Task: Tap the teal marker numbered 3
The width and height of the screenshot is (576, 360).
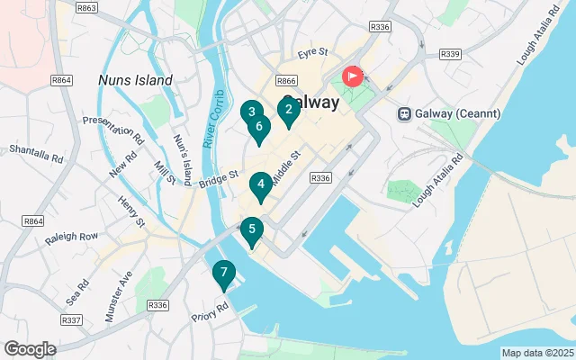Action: pyautogui.click(x=252, y=112)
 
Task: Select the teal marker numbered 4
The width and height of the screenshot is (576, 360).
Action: pyautogui.click(x=260, y=185)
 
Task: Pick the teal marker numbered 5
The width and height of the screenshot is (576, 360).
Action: pyautogui.click(x=252, y=229)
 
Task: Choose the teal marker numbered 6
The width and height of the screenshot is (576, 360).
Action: pyautogui.click(x=259, y=127)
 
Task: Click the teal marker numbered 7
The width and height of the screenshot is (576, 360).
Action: pyautogui.click(x=223, y=272)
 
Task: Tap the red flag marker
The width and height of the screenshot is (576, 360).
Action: pyautogui.click(x=352, y=76)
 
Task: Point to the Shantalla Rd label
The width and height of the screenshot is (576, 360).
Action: pyautogui.click(x=36, y=154)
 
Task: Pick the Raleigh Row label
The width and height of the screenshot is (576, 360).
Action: pyautogui.click(x=76, y=236)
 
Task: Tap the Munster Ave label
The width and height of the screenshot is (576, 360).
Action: pyautogui.click(x=119, y=296)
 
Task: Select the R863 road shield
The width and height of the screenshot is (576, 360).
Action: pyautogui.click(x=87, y=8)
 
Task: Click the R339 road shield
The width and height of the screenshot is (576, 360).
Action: pyautogui.click(x=450, y=54)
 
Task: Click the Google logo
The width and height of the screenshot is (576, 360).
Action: pyautogui.click(x=30, y=349)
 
